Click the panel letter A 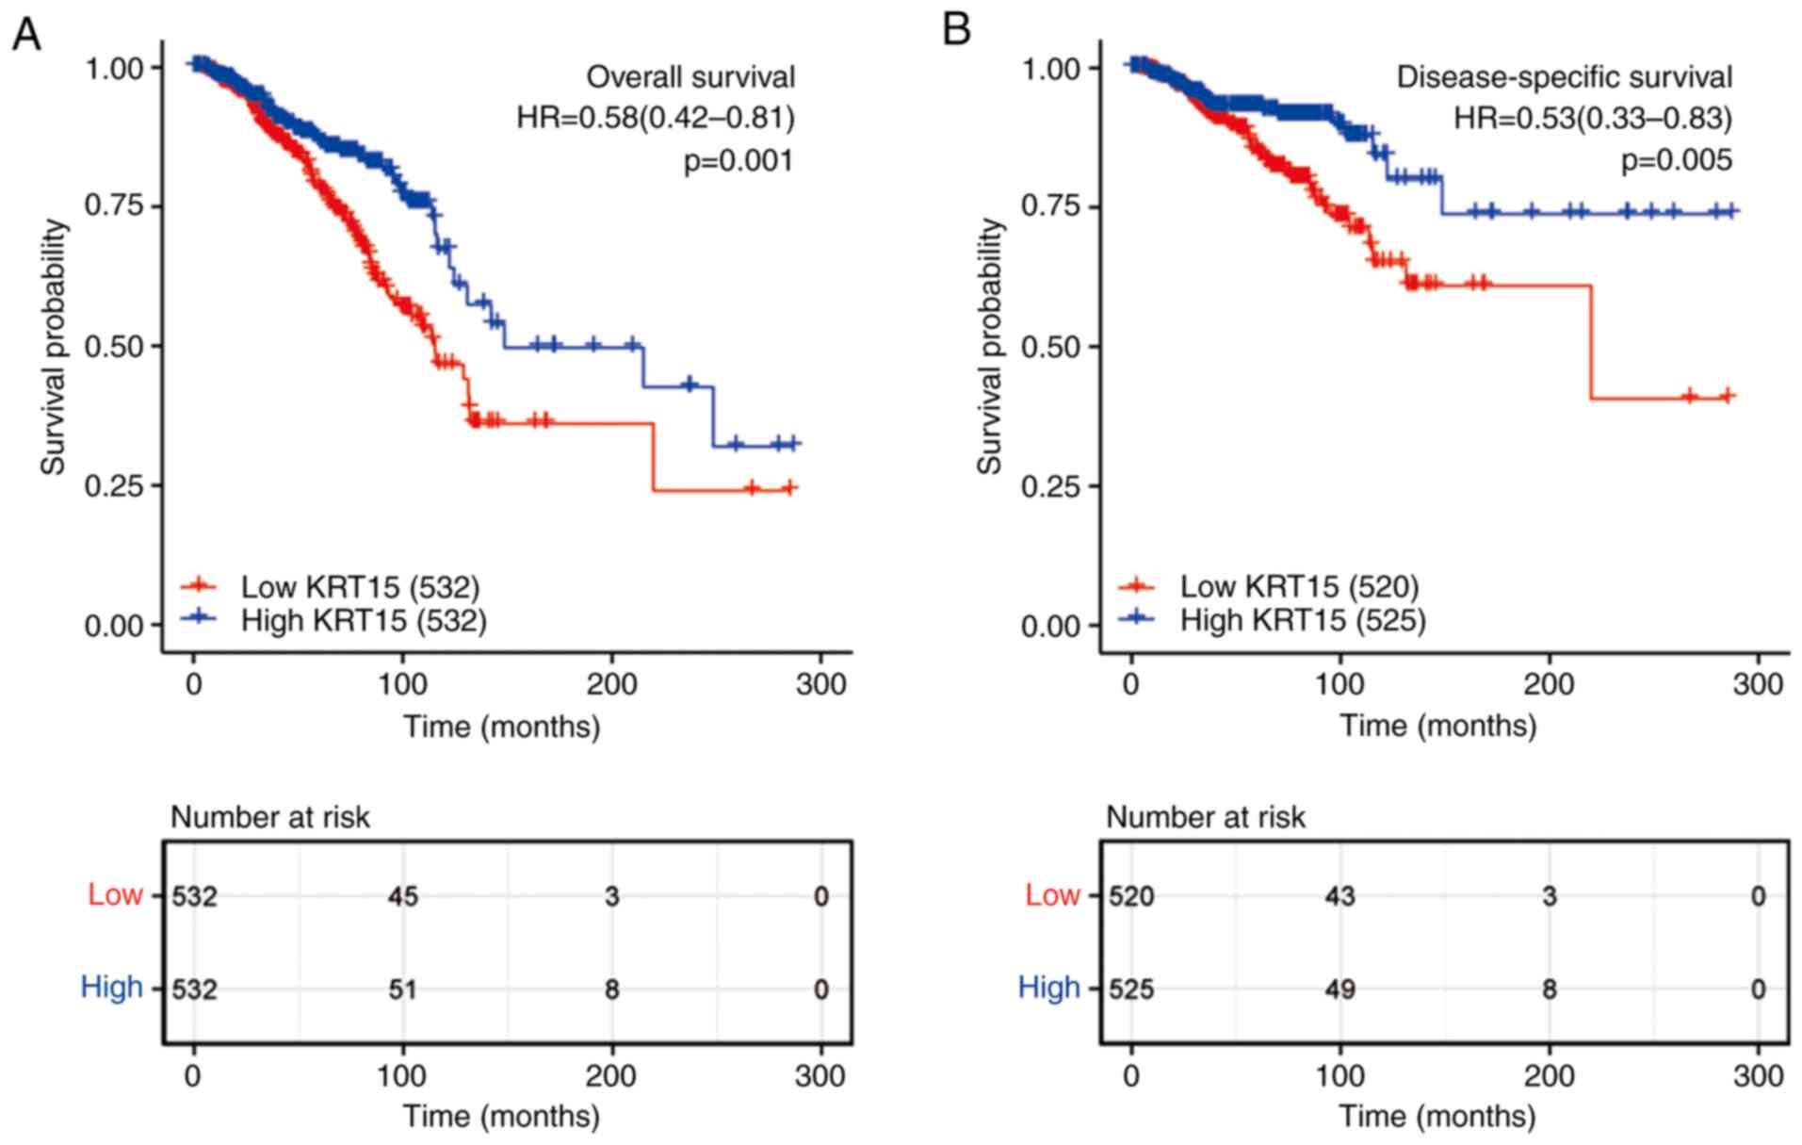tap(26, 35)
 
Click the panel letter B tap(956, 31)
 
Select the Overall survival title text tap(690, 77)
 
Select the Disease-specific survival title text tap(1564, 77)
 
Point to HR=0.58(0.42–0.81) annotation tap(656, 118)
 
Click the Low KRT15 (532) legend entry tap(360, 587)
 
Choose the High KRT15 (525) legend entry tap(1303, 620)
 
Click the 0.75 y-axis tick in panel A tap(114, 206)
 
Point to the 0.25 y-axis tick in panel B tap(1051, 486)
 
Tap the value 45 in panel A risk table tap(403, 896)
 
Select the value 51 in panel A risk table tap(403, 990)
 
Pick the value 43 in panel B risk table tap(1339, 896)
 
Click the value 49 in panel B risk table tap(1339, 990)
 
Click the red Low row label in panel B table tap(1052, 894)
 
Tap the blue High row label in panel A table tap(112, 988)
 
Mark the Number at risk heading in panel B tap(1206, 817)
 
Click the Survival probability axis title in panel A tap(54, 347)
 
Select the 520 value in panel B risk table tap(1131, 896)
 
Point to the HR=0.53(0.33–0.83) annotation tap(1593, 118)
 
